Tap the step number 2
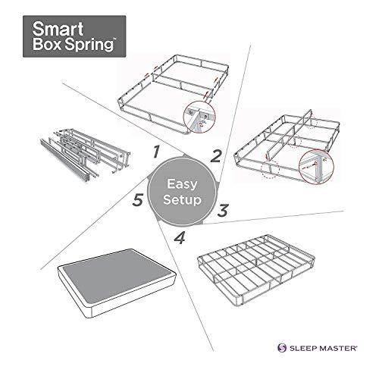point(216,157)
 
